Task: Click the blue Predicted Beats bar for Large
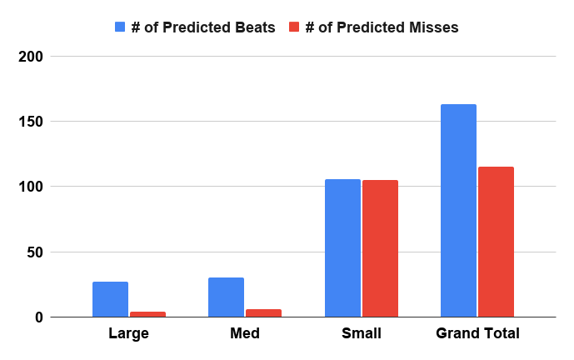pos(110,299)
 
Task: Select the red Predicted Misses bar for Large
pos(148,314)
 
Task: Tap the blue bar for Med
pos(227,297)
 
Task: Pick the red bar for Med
pos(263,313)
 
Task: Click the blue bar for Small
pos(342,248)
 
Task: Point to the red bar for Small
pos(381,248)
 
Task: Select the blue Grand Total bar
pos(459,211)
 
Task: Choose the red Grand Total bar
pos(496,242)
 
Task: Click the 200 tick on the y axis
pos(31,57)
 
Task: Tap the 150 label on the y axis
pos(31,122)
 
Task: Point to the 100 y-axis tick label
pos(31,187)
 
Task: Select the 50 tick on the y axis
pos(35,252)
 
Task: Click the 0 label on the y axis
pos(39,317)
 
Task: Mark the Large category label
pos(129,333)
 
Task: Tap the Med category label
pos(245,333)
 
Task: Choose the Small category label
pos(362,333)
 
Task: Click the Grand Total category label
pos(477,333)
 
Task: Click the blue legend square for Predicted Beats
pos(120,27)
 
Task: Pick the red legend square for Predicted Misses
pos(294,27)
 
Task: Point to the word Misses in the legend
pos(434,27)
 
